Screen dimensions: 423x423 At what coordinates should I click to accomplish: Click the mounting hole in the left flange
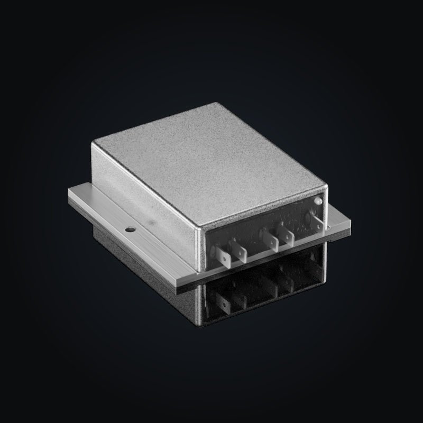[x=128, y=230]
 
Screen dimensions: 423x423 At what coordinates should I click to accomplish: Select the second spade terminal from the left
[x=241, y=252]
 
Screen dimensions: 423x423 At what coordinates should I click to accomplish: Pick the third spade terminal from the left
[x=273, y=241]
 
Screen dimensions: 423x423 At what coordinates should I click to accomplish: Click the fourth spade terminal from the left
[x=288, y=237]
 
